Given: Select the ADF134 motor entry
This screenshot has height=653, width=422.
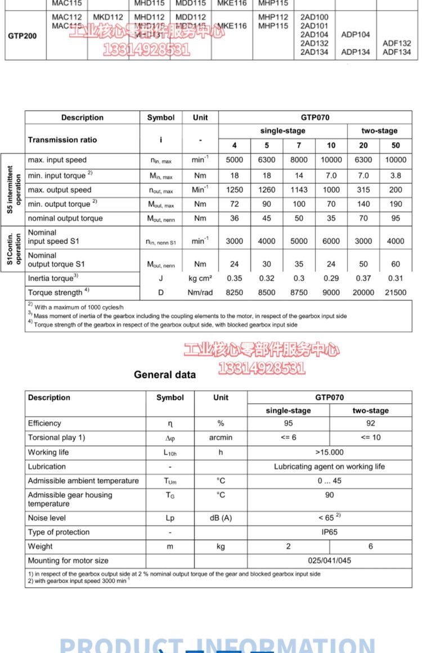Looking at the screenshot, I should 397,52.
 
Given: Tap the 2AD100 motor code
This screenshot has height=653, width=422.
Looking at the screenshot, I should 314,17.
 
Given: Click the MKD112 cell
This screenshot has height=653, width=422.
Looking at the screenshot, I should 108,17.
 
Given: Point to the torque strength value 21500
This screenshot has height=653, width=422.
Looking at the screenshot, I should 396,292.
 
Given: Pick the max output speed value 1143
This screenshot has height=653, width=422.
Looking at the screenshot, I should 299,190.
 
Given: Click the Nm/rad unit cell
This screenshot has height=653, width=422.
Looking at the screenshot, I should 200,292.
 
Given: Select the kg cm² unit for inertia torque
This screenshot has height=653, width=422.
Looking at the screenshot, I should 200,278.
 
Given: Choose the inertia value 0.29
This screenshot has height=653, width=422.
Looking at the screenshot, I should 331,278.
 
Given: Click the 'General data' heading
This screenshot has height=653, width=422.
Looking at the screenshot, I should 165,375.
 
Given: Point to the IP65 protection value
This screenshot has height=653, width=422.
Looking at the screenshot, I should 330,532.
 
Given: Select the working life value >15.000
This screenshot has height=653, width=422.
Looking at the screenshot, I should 330,452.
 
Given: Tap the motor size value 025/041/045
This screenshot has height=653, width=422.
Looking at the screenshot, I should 330,561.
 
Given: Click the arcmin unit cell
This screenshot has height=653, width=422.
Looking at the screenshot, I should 221,438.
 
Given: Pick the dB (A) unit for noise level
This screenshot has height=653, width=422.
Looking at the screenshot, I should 221,518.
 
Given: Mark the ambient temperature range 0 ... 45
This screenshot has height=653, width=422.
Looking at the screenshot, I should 330,481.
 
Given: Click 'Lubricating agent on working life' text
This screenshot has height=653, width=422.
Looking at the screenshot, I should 330,467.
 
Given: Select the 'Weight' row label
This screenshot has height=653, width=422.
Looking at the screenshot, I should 41,547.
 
